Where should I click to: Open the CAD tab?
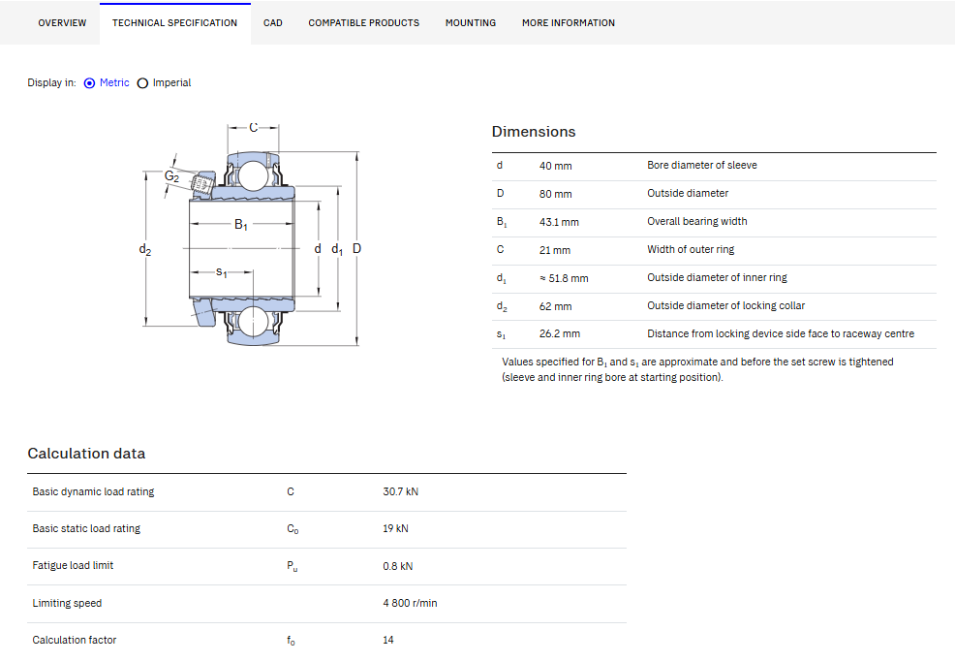coord(273,23)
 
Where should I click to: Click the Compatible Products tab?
coord(363,23)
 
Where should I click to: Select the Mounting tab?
coord(470,23)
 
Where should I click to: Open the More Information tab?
coord(569,23)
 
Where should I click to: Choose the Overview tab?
coord(62,23)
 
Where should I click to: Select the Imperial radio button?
coord(142,83)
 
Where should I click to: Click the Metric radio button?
coord(89,83)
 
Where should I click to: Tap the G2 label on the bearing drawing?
coord(171,176)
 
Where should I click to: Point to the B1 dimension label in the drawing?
coord(241,224)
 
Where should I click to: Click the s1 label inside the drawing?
coord(222,271)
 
